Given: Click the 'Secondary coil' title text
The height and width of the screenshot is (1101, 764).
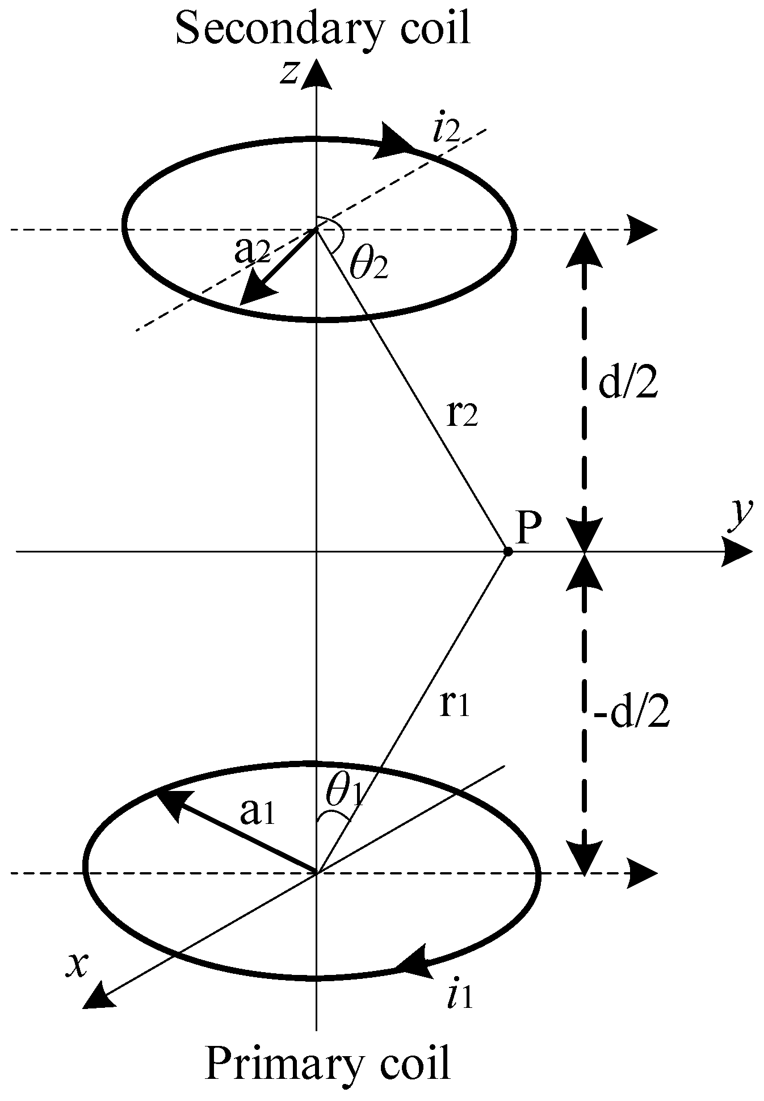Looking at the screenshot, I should pos(323,28).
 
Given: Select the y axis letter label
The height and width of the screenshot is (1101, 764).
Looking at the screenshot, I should pos(738,514).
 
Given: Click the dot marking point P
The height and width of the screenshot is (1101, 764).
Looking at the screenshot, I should pos(507,551).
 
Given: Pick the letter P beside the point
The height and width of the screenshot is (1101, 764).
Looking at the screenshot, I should pos(529,528).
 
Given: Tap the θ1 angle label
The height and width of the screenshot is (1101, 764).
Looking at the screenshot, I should pos(343,792).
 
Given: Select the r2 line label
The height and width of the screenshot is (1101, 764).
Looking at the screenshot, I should pos(463,415).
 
